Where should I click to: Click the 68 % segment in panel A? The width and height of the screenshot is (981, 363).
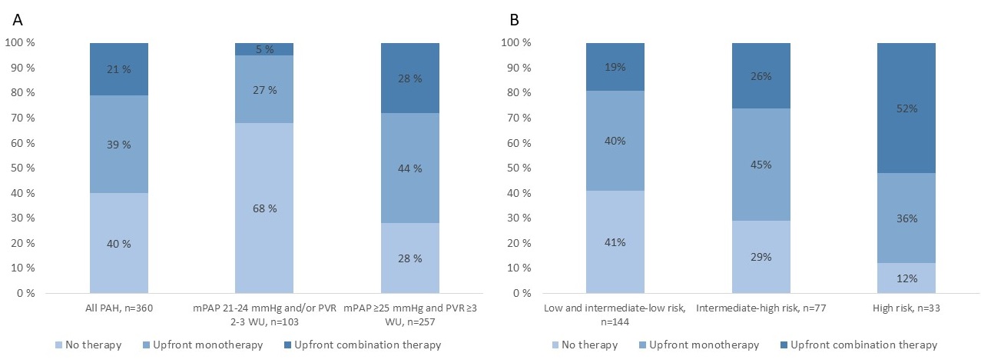[x=264, y=208]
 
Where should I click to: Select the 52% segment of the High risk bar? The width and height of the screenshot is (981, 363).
[x=906, y=108]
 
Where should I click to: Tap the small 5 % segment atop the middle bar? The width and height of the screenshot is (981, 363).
[x=264, y=49]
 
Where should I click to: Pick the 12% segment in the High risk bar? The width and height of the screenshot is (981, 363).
[x=906, y=278]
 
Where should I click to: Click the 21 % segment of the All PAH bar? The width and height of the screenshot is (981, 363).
[x=119, y=69]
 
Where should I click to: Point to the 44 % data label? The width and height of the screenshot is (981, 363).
[x=410, y=168]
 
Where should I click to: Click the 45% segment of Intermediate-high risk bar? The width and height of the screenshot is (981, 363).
[x=761, y=165]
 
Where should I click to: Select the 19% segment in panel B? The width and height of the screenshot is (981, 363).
[x=615, y=67]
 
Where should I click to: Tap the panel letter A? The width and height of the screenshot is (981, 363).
[x=17, y=18]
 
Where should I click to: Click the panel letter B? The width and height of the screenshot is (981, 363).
[x=514, y=18]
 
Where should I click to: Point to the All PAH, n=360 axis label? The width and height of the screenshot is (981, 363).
[x=119, y=308]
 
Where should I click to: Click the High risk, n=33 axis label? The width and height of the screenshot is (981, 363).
[x=906, y=308]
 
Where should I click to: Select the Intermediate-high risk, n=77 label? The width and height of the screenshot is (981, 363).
[x=761, y=308]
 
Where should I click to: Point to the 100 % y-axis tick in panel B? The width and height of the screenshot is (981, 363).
[x=515, y=43]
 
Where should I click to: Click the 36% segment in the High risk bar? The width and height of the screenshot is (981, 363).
[x=906, y=218]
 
